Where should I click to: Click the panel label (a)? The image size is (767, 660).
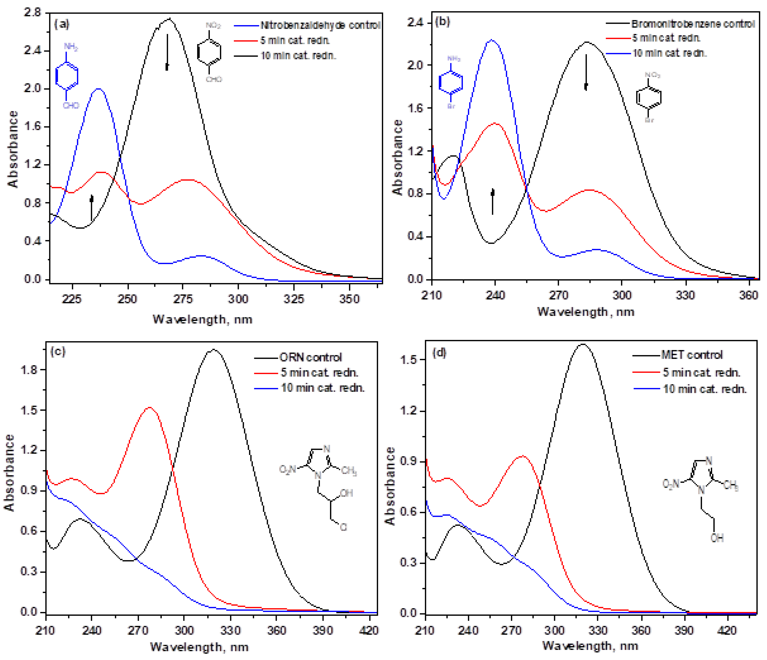(62, 24)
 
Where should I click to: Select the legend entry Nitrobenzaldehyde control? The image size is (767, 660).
(320, 25)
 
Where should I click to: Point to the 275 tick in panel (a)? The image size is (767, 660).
(183, 299)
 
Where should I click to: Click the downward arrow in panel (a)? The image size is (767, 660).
(167, 52)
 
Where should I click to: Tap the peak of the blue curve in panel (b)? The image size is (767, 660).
(492, 40)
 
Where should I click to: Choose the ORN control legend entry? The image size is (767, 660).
(310, 357)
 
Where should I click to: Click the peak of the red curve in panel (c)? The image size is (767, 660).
(150, 408)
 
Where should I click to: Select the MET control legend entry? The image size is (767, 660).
(692, 355)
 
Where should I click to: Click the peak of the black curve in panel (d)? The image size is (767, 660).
(583, 344)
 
